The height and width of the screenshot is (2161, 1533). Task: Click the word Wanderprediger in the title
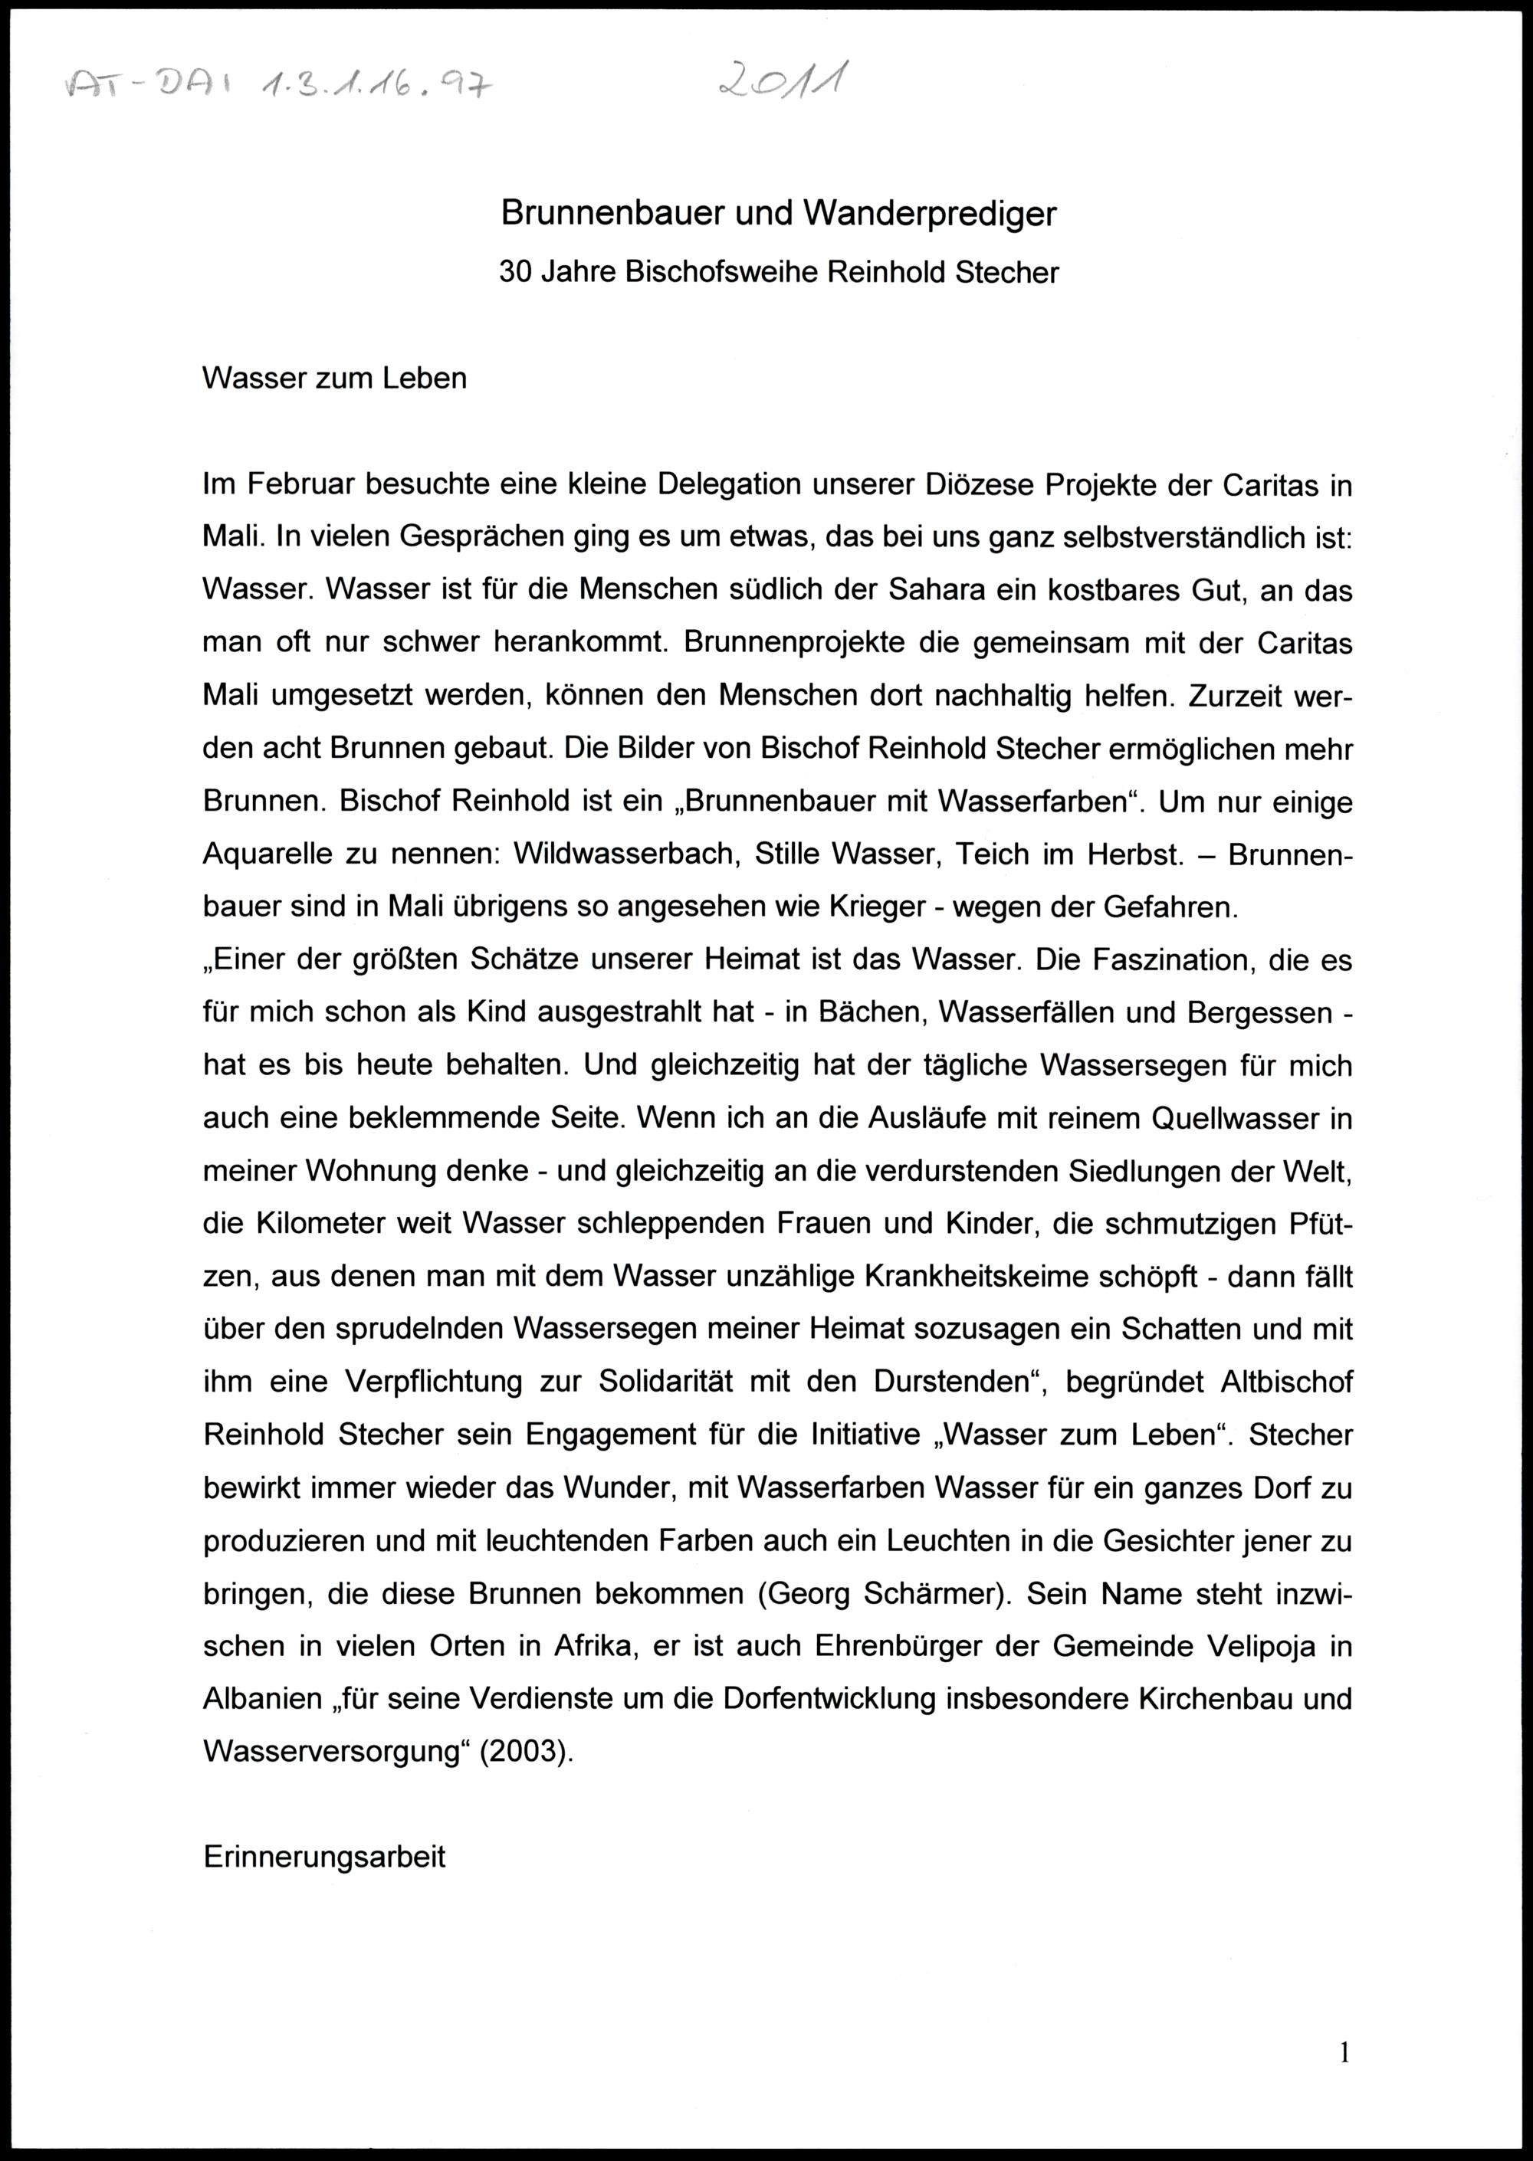point(929,215)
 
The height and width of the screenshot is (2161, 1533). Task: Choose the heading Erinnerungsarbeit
point(323,1857)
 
